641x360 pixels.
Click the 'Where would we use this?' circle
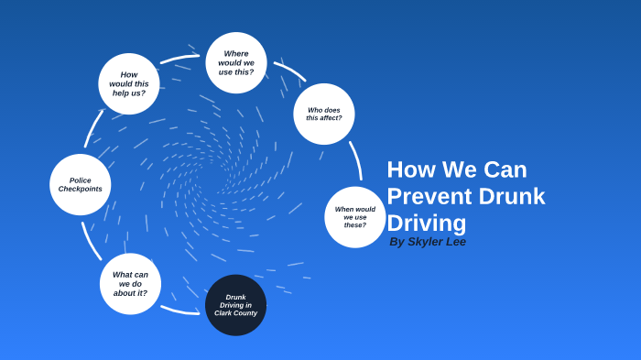(236, 62)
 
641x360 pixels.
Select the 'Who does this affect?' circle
(324, 114)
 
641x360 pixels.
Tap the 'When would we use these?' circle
(354, 217)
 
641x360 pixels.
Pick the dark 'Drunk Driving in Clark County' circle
(235, 305)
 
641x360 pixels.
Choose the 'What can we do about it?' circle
(130, 284)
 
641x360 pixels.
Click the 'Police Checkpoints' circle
(81, 184)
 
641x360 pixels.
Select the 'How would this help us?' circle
(129, 83)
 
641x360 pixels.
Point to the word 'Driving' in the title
(426, 223)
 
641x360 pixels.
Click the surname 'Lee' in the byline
(455, 242)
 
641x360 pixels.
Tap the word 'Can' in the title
(505, 169)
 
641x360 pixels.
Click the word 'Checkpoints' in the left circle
(81, 189)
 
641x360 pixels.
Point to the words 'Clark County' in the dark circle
(235, 313)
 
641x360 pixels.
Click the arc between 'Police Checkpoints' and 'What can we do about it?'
(90, 240)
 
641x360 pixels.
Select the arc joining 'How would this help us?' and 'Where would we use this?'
(179, 59)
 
